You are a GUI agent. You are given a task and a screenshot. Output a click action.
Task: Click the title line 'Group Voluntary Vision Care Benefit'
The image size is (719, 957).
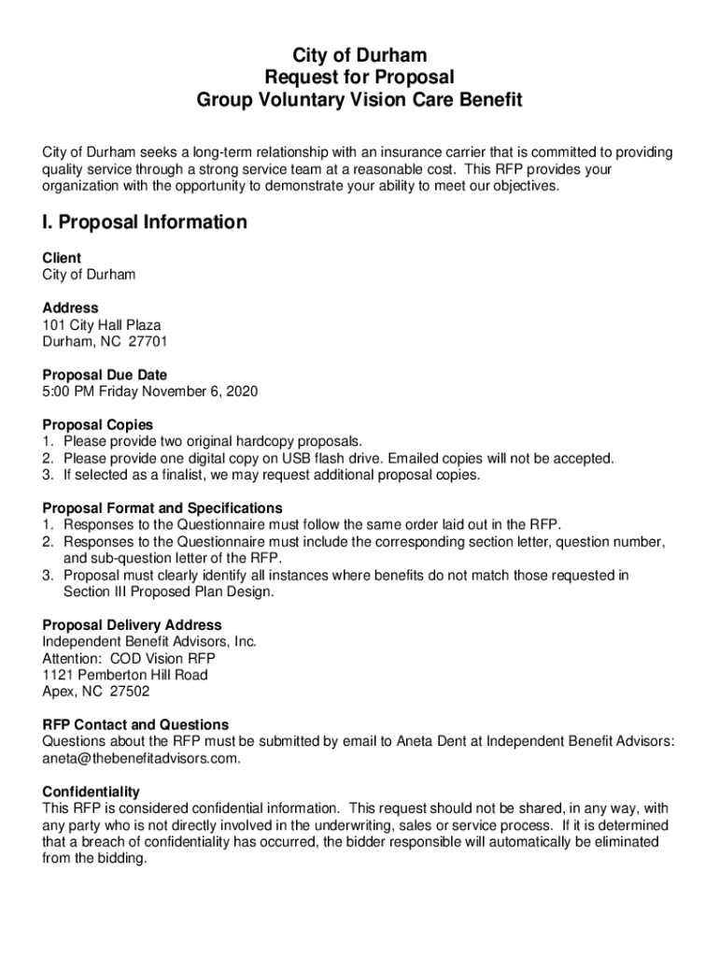[x=359, y=100]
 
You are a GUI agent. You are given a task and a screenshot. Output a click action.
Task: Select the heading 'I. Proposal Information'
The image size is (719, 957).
[x=145, y=222]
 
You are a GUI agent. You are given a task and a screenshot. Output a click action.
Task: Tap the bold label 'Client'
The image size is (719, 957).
[x=62, y=258]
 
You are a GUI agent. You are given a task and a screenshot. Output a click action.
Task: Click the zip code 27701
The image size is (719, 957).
[x=148, y=341]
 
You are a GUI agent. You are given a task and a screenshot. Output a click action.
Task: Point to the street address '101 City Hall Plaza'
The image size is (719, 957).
[x=102, y=324]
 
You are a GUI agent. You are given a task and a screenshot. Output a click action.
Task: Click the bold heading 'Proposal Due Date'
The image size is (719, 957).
[x=105, y=375]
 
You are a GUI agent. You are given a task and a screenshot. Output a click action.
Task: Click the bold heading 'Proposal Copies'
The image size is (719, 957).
[x=97, y=425]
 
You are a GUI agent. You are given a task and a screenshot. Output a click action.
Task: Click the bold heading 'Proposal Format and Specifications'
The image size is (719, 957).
[x=162, y=508]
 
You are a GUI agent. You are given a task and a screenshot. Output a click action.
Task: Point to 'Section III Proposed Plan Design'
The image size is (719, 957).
[x=169, y=592]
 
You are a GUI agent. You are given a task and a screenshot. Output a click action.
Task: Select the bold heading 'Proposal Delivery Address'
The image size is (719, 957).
[x=132, y=625]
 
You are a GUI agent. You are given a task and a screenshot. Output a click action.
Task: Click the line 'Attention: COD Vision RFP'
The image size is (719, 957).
[x=129, y=658]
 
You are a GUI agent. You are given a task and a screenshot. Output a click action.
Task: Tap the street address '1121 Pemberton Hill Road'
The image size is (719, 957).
[x=125, y=675]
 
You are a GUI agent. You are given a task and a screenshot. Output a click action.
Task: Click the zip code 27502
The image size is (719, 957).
[x=130, y=692]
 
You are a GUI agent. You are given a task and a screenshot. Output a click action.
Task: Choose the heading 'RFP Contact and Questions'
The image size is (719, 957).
[x=135, y=725]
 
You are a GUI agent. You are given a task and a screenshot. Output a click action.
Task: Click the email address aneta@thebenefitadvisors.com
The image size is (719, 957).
[x=140, y=758]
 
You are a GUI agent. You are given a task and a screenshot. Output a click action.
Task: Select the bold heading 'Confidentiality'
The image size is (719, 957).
[x=91, y=792]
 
